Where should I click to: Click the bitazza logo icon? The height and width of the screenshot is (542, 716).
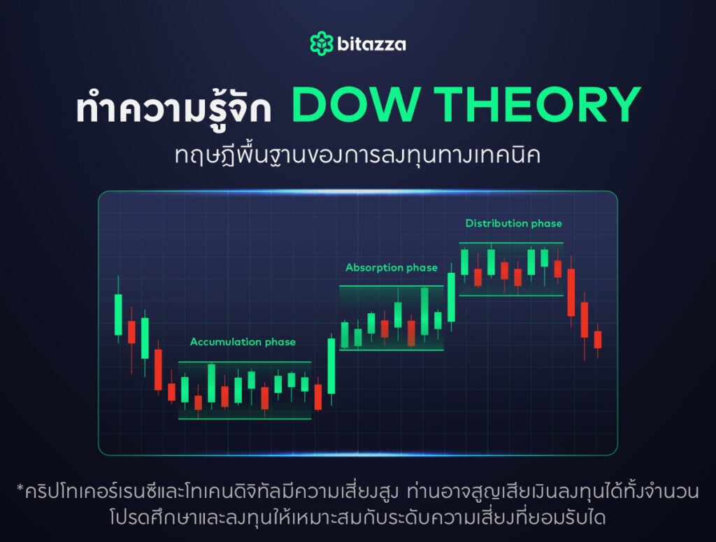click(x=322, y=43)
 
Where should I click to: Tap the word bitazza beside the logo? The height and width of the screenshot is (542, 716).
click(x=371, y=44)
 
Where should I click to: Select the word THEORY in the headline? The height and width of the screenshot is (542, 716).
click(x=537, y=104)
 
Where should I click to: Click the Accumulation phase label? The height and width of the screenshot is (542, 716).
click(x=243, y=342)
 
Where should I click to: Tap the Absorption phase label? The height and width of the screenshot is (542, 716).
click(x=392, y=268)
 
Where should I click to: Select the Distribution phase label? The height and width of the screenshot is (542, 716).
click(x=514, y=223)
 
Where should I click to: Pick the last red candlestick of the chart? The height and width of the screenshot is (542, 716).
click(x=598, y=340)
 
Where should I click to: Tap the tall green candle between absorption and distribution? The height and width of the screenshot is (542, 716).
click(x=451, y=297)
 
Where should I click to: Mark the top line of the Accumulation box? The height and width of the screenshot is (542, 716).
click(x=245, y=362)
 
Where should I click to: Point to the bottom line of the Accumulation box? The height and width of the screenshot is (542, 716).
click(x=245, y=419)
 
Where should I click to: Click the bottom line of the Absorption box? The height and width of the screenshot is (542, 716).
click(x=392, y=350)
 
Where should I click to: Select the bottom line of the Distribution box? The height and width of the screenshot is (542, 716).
click(x=511, y=295)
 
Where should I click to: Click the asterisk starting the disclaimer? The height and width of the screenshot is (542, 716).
click(x=20, y=489)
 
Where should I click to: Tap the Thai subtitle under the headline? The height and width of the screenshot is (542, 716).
click(x=357, y=155)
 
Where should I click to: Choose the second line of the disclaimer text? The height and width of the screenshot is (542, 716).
click(x=357, y=518)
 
